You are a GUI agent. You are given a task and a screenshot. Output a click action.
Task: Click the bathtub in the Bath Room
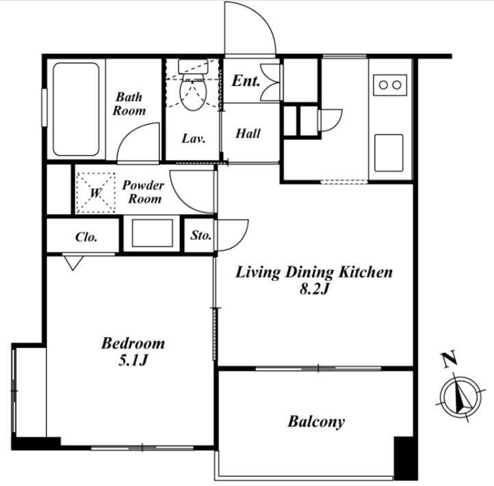coord(76,109)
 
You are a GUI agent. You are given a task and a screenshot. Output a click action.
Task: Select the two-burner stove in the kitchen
coord(390,85)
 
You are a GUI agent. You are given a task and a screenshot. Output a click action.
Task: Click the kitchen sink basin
coord(389,153)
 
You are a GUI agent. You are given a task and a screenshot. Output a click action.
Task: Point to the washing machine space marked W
coord(96,193)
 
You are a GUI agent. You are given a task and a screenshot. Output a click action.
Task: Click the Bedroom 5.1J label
coord(133,351)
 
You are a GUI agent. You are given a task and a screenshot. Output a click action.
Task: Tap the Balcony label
coord(316,422)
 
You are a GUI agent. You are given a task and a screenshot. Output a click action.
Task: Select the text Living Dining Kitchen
coord(314,272)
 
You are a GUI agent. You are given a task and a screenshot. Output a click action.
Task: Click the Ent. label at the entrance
coord(246,81)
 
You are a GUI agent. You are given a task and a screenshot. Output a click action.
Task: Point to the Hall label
coord(248,133)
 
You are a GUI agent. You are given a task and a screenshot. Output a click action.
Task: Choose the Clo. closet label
coord(86,237)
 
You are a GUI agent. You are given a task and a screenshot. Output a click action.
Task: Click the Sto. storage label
coord(200,235)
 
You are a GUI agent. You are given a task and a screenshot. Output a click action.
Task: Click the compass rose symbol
coord(461,396)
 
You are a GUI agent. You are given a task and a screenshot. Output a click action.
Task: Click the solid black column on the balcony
coord(406,458)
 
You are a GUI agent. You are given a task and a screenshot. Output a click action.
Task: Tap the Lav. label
coord(194,138)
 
